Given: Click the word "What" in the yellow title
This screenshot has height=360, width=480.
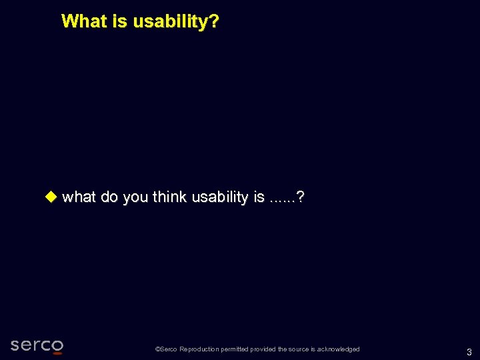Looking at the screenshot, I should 85,21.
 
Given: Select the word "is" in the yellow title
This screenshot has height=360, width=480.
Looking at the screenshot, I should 120,21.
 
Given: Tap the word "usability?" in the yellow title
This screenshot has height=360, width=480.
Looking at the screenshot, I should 176,22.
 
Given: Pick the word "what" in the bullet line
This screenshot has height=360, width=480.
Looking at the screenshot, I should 79,197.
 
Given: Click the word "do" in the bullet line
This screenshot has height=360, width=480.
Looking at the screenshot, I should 109,197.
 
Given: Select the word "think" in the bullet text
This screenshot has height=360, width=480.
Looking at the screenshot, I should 169,197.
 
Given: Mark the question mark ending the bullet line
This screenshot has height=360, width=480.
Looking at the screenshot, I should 301,197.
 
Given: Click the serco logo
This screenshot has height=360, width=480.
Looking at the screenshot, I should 37,345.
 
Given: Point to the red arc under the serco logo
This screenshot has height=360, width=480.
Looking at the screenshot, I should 57,353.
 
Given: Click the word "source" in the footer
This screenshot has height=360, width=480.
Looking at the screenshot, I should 299,349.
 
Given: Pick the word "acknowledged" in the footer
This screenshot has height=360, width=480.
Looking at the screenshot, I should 339,349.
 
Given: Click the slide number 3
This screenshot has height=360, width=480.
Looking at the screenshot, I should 469,352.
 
